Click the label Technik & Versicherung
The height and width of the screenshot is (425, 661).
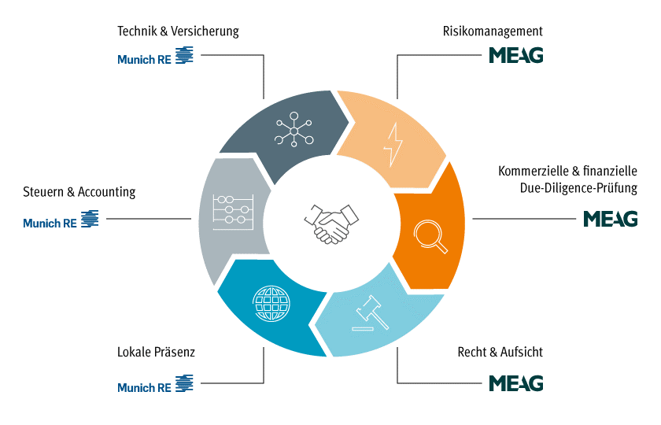pos(178,31)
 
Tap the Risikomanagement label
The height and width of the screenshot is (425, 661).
pos(493,31)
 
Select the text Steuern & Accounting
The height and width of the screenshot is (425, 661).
pos(79,192)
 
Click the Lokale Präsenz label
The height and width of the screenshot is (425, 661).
pos(156,353)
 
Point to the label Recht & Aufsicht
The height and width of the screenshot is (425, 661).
pos(500,353)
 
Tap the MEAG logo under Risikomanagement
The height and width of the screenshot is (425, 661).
pos(516,55)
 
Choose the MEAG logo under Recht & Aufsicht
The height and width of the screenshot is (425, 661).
pos(516,383)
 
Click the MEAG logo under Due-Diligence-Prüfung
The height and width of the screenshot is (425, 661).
pos(610,219)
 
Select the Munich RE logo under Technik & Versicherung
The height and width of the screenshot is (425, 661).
pos(155,57)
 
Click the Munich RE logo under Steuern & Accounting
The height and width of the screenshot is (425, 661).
pos(61,221)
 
